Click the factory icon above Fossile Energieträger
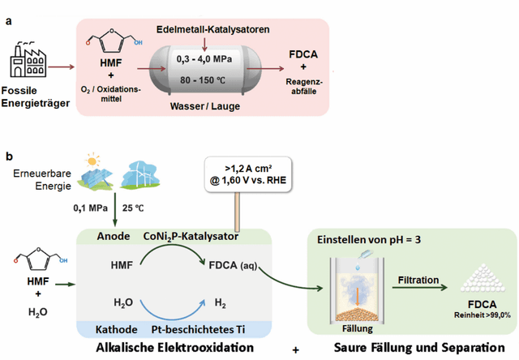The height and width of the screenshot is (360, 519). tap(28, 60)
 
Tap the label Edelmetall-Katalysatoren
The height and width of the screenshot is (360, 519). tap(213, 29)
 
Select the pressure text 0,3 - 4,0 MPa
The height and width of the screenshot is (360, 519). tap(204, 59)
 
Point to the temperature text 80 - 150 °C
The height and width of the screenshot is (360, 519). tap(203, 80)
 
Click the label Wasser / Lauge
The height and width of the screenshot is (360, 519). tap(205, 106)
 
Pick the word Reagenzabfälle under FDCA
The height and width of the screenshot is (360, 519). tap(304, 87)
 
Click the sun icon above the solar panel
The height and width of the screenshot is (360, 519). tap(92, 161)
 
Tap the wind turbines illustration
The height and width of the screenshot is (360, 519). tap(140, 175)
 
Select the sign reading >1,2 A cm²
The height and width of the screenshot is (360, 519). tap(248, 174)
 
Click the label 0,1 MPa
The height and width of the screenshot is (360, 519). tap(90, 208)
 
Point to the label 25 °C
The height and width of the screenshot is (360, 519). tap(133, 208)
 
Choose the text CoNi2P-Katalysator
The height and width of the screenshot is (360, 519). tap(191, 237)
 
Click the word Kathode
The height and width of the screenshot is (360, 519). tap(117, 329)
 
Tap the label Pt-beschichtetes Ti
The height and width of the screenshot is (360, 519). tap(198, 329)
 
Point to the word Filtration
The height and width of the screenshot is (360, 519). tap(418, 280)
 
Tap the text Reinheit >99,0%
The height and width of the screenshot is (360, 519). tap(483, 315)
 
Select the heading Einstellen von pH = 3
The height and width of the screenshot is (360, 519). tap(369, 239)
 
